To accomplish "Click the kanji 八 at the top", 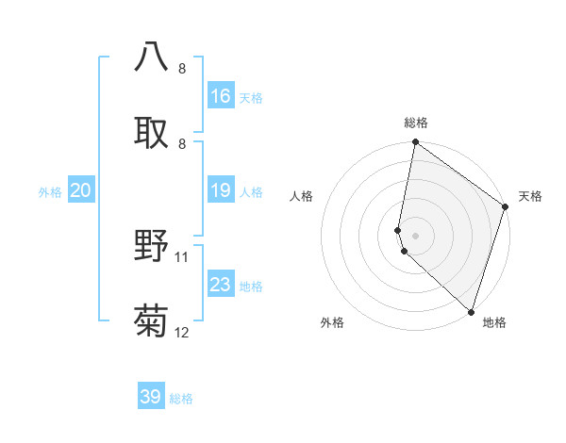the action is click(152, 57).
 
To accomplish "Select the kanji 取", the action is click(152, 130).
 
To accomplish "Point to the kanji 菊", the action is click(152, 320).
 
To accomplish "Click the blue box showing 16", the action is click(221, 95).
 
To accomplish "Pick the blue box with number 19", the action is click(221, 190).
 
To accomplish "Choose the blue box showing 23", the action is click(221, 285).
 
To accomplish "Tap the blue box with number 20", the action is click(80, 190).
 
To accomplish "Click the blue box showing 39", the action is click(151, 397).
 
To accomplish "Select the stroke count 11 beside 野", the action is click(182, 256).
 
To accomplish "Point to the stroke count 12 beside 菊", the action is click(182, 333).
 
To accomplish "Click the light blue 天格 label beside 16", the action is click(251, 97).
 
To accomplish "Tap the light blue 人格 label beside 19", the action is click(251, 192).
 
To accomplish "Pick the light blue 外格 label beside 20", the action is click(50, 192).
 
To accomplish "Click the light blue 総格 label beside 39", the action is click(181, 399).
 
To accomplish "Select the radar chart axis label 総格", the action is click(416, 123).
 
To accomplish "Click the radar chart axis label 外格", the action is click(332, 323).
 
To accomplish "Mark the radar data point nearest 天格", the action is click(506, 207).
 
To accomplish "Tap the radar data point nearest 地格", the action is click(471, 311).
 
